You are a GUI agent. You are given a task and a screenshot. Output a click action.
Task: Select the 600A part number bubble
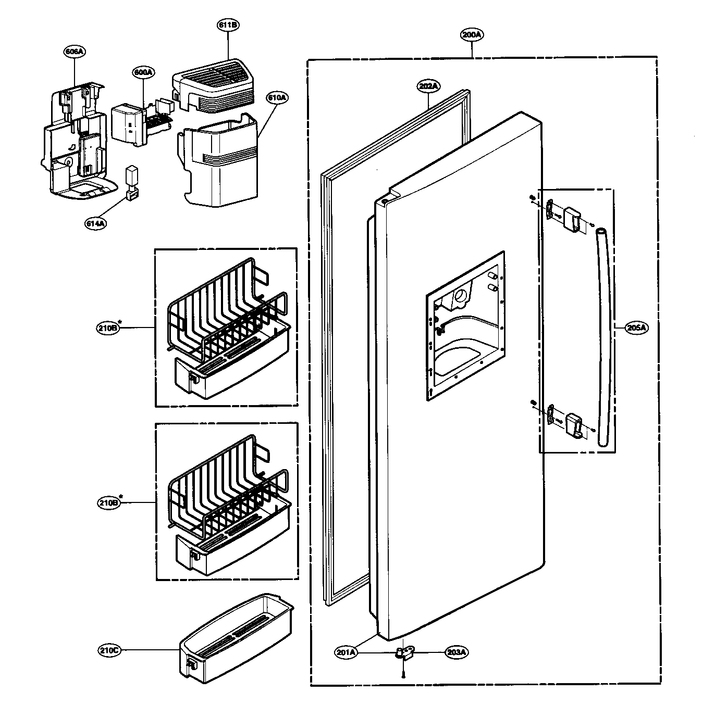tap(143, 72)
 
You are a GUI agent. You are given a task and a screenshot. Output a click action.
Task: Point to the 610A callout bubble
tap(277, 97)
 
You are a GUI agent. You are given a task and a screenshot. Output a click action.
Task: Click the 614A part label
tap(96, 223)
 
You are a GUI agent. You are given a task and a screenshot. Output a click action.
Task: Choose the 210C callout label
tap(109, 650)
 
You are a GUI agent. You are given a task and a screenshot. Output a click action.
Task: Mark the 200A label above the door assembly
tap(472, 35)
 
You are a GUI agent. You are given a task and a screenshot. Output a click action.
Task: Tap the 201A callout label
tap(347, 651)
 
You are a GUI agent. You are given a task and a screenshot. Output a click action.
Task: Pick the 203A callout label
tap(457, 651)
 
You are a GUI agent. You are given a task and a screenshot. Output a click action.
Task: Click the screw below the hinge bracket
tap(404, 674)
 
